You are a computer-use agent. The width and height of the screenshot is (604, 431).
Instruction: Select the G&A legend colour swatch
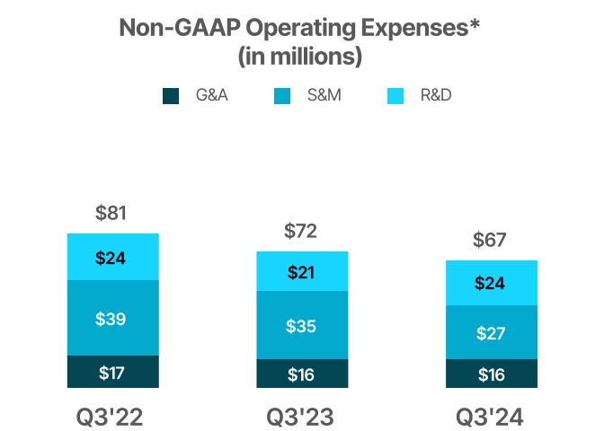coord(172,95)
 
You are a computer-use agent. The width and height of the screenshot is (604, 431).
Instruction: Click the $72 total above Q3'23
coord(303,232)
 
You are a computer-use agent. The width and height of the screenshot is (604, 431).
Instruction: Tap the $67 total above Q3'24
coord(492,241)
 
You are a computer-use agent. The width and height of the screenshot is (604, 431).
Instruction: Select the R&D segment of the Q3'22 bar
coord(113,258)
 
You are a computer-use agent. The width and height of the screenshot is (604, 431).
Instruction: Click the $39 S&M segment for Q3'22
coord(113,318)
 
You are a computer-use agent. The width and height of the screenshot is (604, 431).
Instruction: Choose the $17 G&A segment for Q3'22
coord(113,372)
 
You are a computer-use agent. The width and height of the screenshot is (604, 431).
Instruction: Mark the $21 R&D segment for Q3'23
coord(303,271)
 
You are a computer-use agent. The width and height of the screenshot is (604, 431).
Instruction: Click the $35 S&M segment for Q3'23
coord(303,325)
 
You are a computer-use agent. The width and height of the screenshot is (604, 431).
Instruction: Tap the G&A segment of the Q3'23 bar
coord(303,374)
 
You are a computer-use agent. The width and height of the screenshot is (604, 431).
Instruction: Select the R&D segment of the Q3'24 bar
coord(492,283)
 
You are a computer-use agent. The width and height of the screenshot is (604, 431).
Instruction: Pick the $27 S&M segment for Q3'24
coord(492,332)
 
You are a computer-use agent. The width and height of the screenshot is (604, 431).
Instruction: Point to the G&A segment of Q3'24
coord(492,374)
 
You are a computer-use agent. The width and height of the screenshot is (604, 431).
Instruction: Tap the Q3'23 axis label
coord(303,417)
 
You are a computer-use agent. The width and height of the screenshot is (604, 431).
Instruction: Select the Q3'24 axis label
coord(492,417)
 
